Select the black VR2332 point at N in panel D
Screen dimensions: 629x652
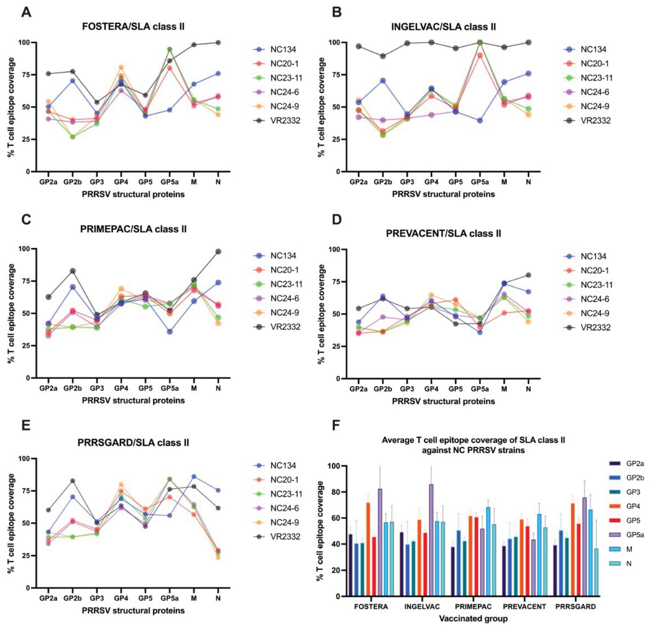point(528,275)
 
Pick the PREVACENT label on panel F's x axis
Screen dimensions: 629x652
point(524,606)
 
